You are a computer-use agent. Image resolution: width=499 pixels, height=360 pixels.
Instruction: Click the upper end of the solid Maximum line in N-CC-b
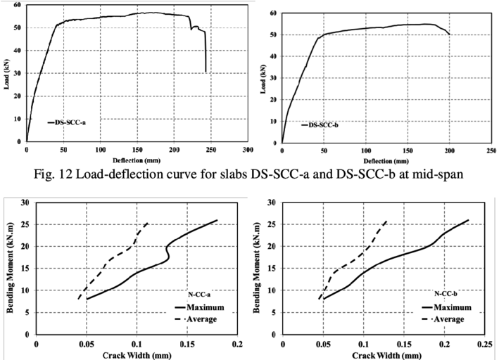[468, 220]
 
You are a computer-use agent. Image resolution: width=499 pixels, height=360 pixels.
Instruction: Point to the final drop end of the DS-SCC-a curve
[206, 72]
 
